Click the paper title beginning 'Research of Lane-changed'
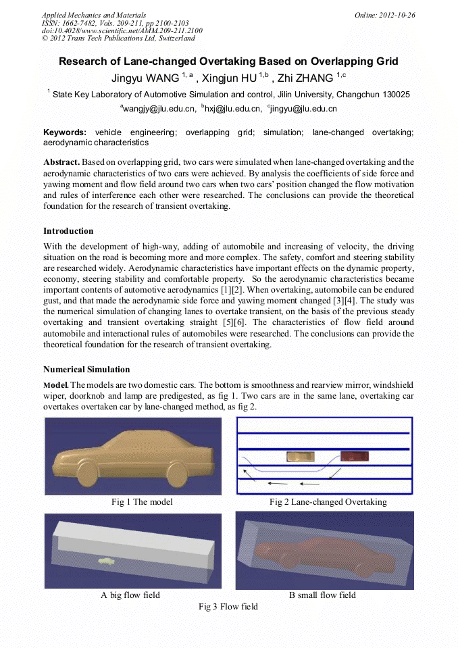228,61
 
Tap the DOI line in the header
122,30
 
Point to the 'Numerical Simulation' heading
86,370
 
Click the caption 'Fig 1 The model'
142,502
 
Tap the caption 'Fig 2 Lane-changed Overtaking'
328,502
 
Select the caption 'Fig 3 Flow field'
228,607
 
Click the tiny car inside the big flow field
107,560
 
